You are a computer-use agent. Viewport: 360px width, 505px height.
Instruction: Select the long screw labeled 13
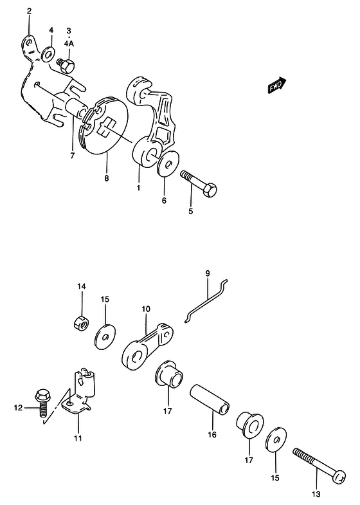tap(319, 463)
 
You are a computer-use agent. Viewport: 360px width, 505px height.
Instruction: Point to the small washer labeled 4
tap(49, 54)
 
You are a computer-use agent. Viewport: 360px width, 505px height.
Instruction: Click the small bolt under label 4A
tap(66, 65)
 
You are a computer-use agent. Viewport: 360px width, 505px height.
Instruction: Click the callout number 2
tap(30, 12)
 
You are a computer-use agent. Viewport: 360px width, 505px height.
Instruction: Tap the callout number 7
tap(73, 156)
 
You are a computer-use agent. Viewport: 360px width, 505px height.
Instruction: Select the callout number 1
tap(138, 187)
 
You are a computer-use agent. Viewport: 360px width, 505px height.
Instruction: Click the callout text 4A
tap(69, 44)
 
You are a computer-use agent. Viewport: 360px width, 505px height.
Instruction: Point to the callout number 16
tap(212, 434)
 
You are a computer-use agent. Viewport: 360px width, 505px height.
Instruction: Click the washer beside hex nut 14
tap(105, 337)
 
